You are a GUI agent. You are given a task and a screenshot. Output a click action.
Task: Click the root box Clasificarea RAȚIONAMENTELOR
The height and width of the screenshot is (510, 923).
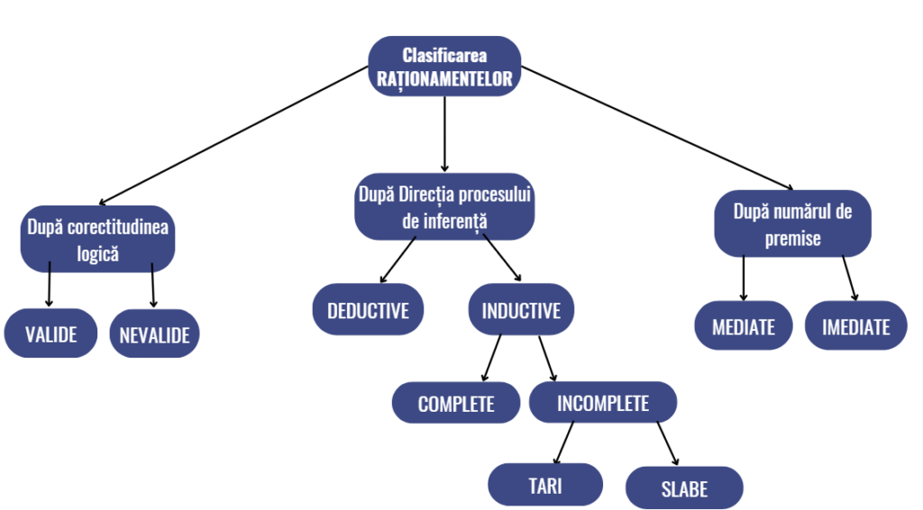444,67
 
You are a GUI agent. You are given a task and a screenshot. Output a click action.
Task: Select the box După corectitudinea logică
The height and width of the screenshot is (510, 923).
97,241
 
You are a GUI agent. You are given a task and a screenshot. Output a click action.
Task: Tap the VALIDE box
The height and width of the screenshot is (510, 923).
50,333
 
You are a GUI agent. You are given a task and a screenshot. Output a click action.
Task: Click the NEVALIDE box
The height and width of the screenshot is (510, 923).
154,335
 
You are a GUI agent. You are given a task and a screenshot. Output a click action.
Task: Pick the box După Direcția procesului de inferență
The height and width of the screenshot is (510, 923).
444,206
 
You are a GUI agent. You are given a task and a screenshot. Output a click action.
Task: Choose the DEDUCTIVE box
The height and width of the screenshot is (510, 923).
368,311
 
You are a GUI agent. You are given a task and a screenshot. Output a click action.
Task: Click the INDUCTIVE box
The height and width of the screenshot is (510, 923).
521,311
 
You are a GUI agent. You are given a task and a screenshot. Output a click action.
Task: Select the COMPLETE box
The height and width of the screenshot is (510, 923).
456,404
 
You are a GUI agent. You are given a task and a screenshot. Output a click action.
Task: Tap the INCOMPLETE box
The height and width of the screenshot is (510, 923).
602,403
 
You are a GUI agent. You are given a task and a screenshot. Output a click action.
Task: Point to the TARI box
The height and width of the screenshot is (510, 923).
544,485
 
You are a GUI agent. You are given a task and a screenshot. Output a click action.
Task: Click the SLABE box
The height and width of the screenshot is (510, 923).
684,489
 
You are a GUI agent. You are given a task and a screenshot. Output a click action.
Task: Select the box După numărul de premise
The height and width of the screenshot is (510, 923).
792,224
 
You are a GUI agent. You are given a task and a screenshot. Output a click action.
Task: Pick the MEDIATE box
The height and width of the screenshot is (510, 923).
744,326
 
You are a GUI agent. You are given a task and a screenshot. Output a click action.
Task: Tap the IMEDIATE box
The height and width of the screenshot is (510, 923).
855,326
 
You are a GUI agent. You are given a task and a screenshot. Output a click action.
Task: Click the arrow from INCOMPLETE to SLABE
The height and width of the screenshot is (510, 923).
667,443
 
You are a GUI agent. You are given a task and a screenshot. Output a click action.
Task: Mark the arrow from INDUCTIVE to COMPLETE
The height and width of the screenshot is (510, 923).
492,358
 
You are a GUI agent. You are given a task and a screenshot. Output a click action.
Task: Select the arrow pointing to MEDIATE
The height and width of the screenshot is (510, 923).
744,278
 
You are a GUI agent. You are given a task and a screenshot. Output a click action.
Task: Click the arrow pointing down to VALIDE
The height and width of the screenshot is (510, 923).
49,286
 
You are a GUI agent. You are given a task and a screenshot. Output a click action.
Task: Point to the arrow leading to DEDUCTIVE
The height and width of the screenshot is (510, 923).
398,260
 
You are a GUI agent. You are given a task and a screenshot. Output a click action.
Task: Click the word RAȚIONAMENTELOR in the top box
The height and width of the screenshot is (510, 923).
444,79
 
